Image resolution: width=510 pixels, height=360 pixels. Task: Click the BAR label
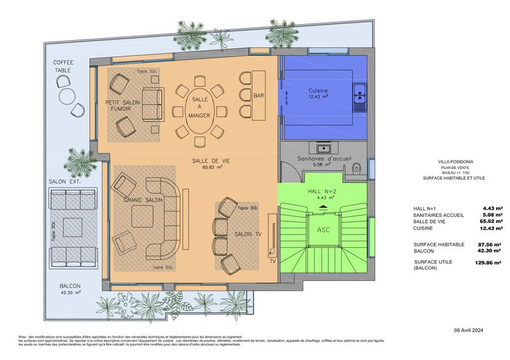pyautogui.click(x=259, y=95)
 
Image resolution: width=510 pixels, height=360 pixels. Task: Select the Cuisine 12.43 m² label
pyautogui.click(x=318, y=93)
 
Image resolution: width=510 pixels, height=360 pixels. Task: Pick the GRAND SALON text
pyautogui.click(x=143, y=201)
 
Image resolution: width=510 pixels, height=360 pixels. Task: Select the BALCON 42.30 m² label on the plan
pyautogui.click(x=65, y=290)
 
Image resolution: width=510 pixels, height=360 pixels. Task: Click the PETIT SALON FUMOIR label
pyautogui.click(x=122, y=105)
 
